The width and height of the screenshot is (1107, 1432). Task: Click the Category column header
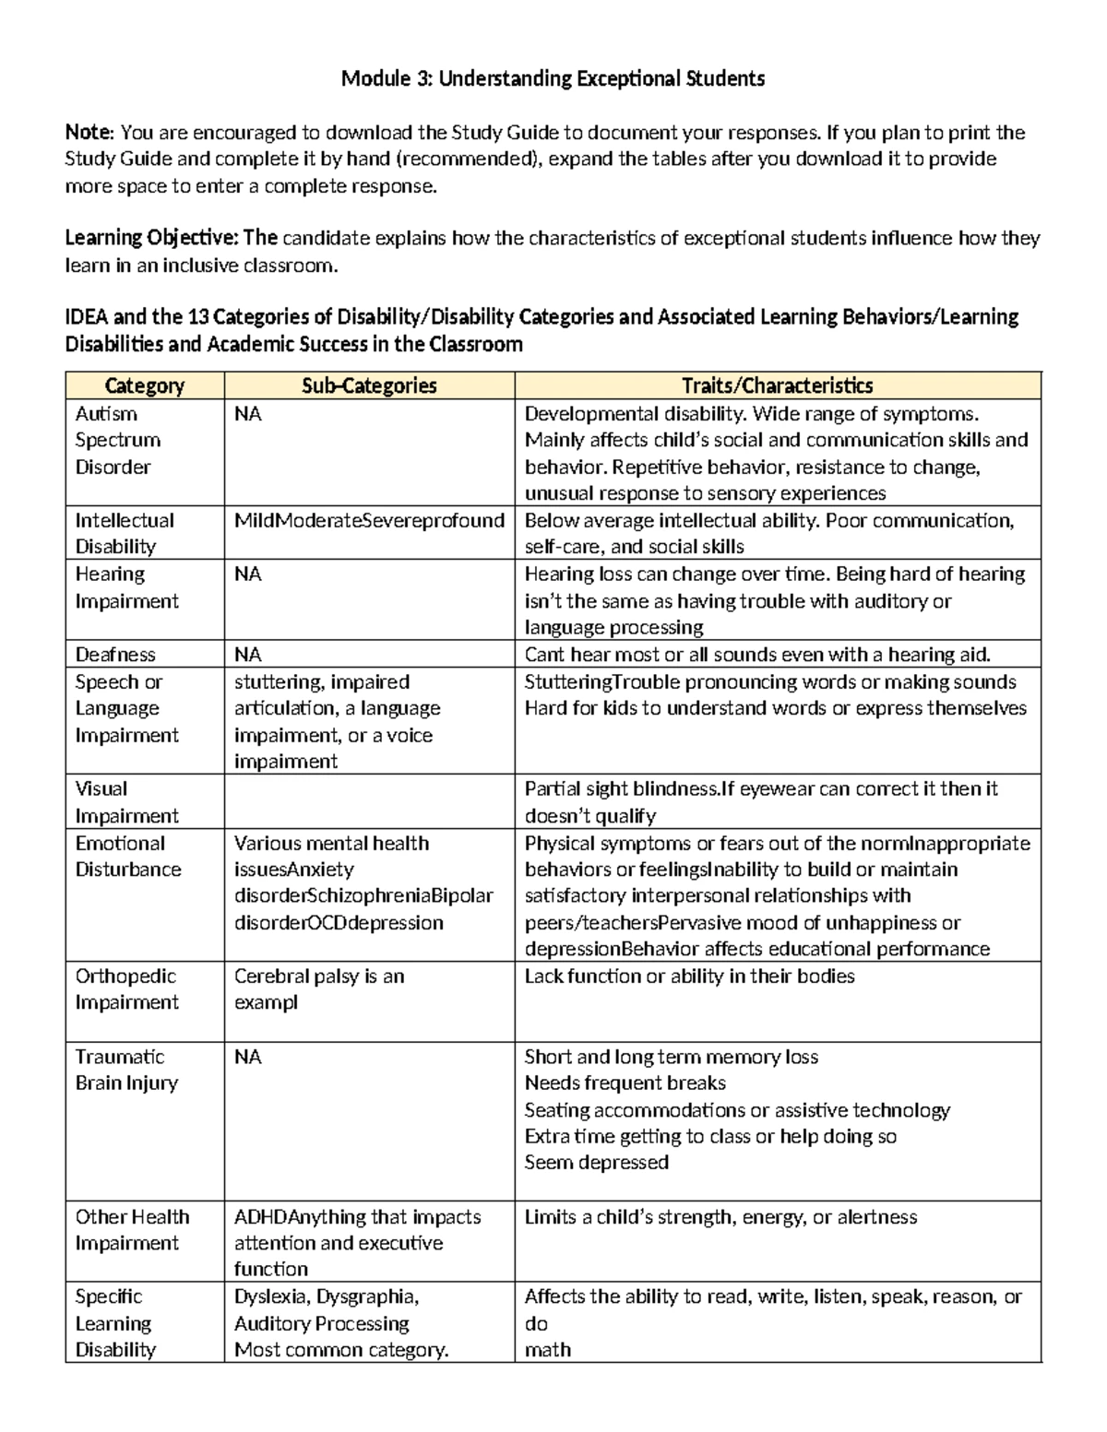click(144, 385)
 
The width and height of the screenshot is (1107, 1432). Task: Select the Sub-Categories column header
click(369, 385)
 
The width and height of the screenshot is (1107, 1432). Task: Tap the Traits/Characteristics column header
click(777, 385)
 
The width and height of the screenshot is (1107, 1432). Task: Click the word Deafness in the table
click(115, 655)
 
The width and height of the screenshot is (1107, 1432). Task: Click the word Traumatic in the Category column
click(119, 1057)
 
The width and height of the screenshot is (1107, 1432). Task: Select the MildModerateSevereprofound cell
click(369, 520)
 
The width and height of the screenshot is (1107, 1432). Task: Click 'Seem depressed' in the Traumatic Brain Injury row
click(596, 1163)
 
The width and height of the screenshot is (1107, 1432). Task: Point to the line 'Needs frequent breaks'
click(625, 1083)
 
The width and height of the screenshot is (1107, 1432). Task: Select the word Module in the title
click(372, 78)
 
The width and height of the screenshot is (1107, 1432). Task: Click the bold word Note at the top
click(89, 132)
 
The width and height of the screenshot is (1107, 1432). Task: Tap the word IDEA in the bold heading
click(87, 317)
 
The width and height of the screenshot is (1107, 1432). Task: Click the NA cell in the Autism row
click(247, 414)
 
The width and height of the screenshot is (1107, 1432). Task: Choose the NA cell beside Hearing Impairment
click(247, 574)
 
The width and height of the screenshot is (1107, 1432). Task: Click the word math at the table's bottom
click(547, 1350)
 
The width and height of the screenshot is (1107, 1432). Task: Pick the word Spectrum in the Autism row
click(117, 440)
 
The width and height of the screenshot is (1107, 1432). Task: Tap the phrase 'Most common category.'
click(340, 1350)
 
